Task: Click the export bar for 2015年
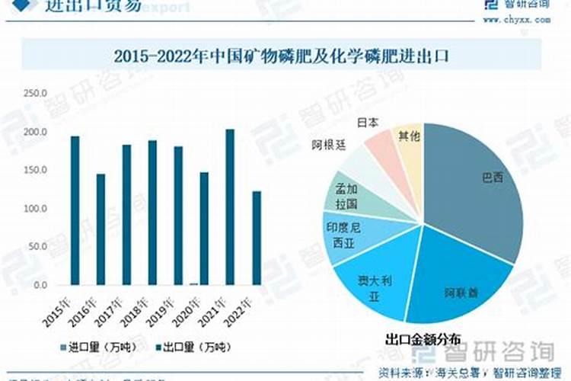click(x=75, y=210)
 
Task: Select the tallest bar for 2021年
click(x=230, y=207)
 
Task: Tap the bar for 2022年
click(x=257, y=238)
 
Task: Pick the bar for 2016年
click(x=100, y=229)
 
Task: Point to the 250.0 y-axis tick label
click(x=35, y=94)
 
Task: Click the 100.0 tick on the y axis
click(x=35, y=209)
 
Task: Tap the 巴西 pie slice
click(x=480, y=183)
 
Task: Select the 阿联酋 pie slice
click(x=461, y=282)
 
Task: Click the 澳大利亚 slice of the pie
click(x=373, y=286)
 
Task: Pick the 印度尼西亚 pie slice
click(x=354, y=235)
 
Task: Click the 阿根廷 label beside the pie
click(x=327, y=143)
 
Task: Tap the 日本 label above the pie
click(x=368, y=122)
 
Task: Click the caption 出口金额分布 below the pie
click(x=423, y=338)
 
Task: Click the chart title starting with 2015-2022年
click(x=282, y=56)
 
